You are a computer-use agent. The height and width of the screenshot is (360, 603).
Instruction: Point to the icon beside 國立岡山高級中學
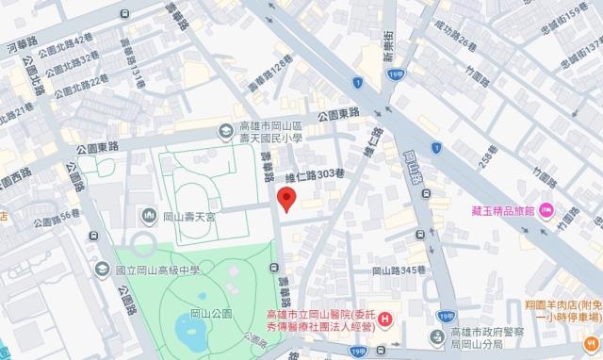click(101, 270)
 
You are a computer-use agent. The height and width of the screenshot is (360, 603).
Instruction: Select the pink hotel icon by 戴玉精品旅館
click(546, 209)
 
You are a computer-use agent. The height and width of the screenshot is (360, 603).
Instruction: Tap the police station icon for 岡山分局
click(434, 335)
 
